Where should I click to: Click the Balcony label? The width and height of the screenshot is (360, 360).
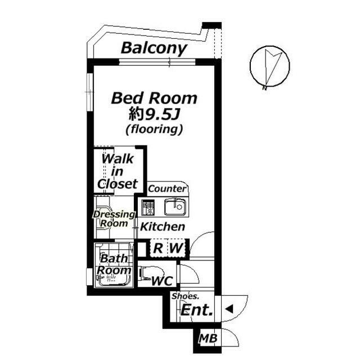(154, 48)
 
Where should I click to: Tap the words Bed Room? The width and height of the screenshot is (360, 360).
(154, 98)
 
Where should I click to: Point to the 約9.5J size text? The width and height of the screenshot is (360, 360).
(154, 115)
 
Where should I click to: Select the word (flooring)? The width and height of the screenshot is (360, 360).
(154, 129)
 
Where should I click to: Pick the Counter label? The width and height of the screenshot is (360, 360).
(168, 189)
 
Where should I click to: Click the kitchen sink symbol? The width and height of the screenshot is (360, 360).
(175, 208)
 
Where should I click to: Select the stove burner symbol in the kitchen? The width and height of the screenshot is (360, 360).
(149, 208)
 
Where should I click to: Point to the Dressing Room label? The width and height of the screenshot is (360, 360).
(114, 219)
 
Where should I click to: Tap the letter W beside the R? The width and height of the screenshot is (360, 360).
(177, 247)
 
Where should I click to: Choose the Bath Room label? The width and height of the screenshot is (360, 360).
(114, 264)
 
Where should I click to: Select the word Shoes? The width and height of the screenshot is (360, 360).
(185, 296)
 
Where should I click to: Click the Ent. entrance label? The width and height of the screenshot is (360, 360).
(196, 309)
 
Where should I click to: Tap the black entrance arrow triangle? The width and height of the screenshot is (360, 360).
(228, 309)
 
